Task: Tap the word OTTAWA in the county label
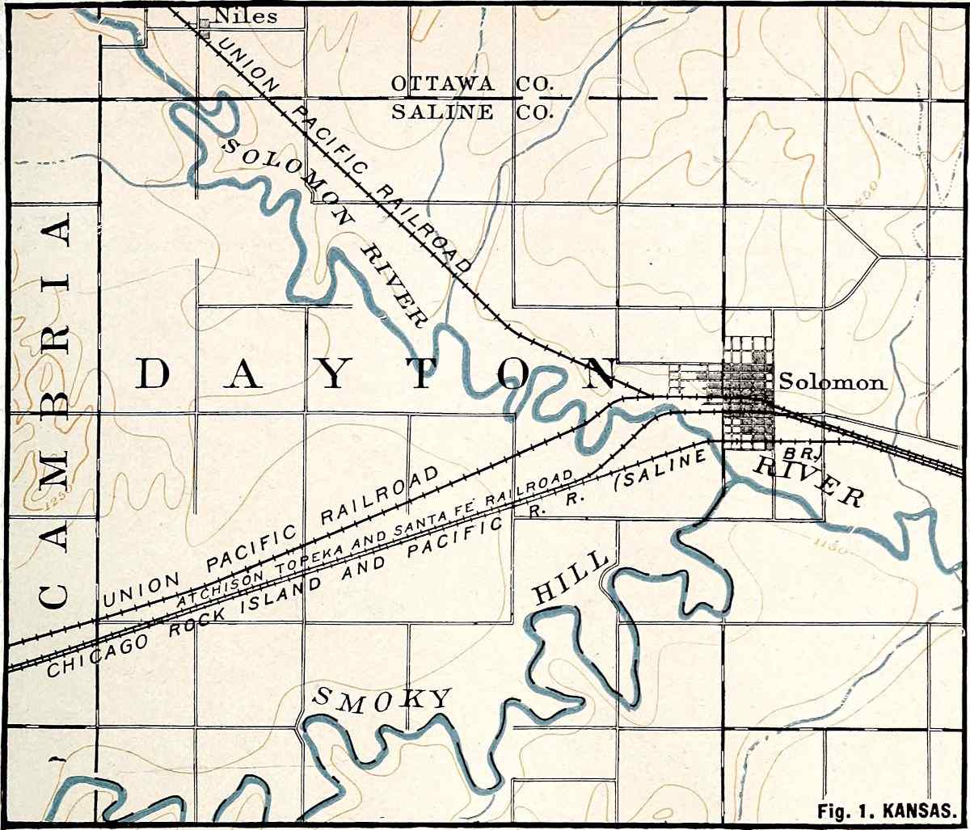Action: pyautogui.click(x=447, y=83)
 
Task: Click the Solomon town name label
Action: pyautogui.click(x=833, y=382)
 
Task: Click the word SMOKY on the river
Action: pyautogui.click(x=381, y=700)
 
